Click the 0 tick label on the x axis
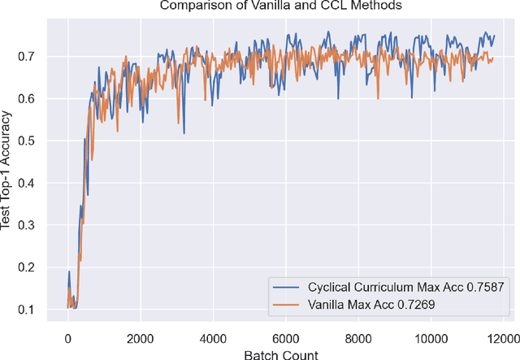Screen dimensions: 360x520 pos(67,337)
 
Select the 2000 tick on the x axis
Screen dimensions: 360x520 pos(140,337)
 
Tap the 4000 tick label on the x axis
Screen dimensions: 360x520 pos(212,337)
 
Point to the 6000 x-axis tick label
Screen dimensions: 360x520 pos(284,337)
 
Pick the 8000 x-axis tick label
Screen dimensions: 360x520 pos(357,337)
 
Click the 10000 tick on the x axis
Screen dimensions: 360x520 pos(429,337)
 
